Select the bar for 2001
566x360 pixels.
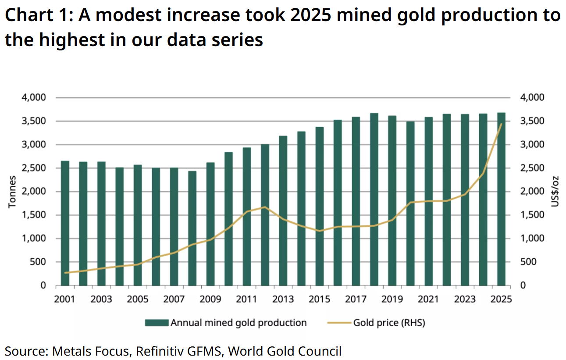[65, 224]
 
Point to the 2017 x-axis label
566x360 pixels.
[356, 299]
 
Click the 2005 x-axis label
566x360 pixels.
[138, 299]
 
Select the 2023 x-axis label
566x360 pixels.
[465, 299]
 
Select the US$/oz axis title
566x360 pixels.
[556, 192]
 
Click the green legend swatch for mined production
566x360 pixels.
[157, 323]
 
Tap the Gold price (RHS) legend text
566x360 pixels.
[389, 323]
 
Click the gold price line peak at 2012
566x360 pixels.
[264, 207]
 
